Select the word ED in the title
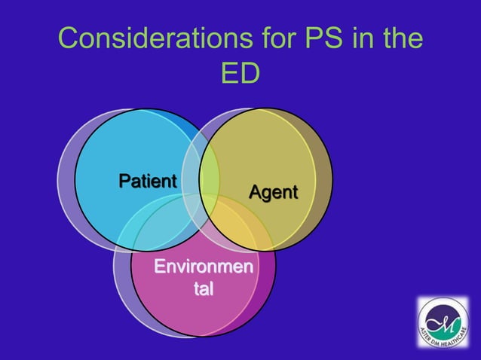(x=240, y=73)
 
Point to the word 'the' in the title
(x=399, y=39)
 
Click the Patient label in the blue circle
(x=148, y=182)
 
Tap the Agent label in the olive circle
(x=273, y=192)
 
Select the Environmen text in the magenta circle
(x=203, y=267)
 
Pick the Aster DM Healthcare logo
(x=443, y=322)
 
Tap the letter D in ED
(x=250, y=73)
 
